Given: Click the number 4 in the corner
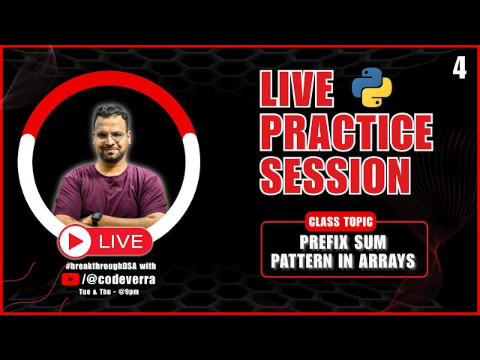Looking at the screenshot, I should (459, 69).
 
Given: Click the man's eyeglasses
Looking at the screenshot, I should (110, 136).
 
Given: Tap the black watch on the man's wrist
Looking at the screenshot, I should (96, 217).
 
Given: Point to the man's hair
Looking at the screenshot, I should (109, 114).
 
